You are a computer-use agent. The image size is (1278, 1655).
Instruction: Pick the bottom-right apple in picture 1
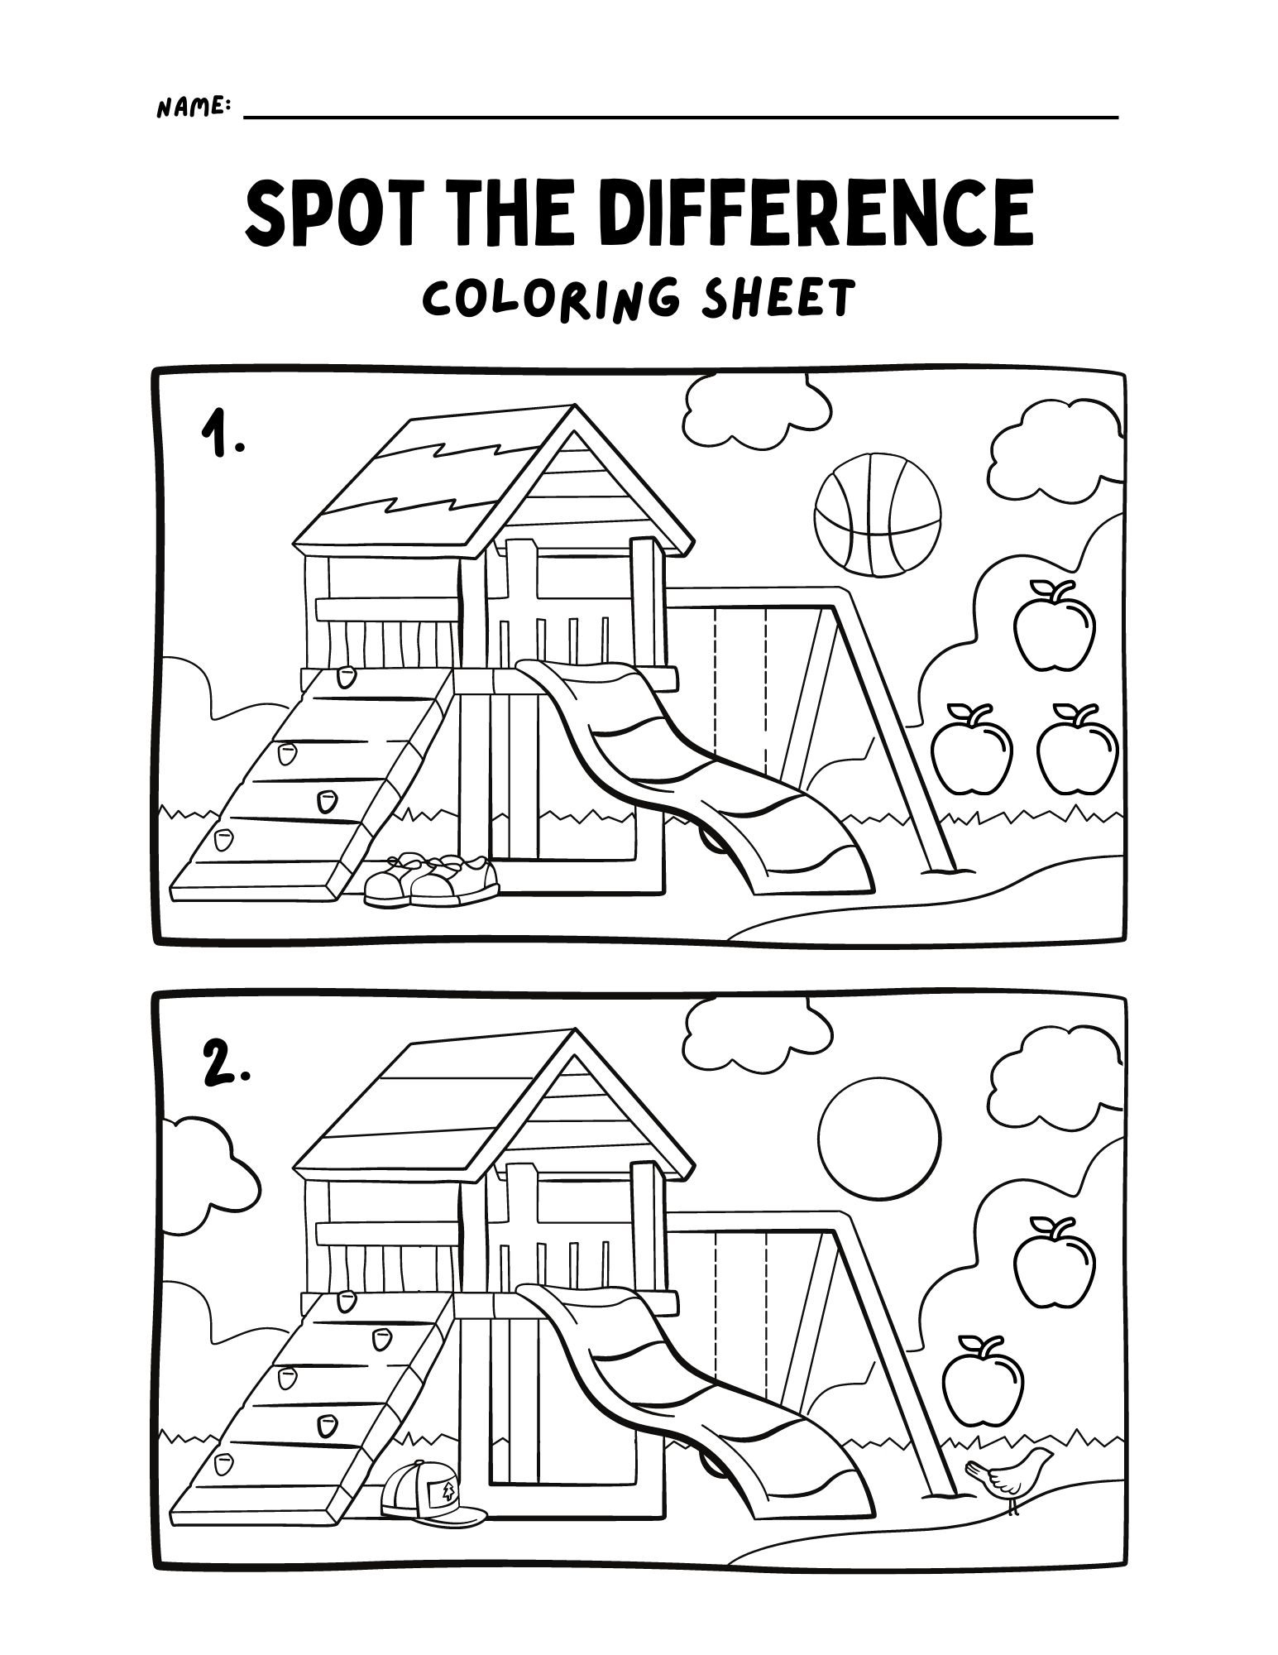click(1077, 748)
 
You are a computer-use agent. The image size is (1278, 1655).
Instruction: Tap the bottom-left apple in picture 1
click(972, 748)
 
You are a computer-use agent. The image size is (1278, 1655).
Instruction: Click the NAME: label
click(193, 107)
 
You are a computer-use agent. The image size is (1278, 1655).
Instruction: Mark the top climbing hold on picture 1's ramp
click(347, 679)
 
